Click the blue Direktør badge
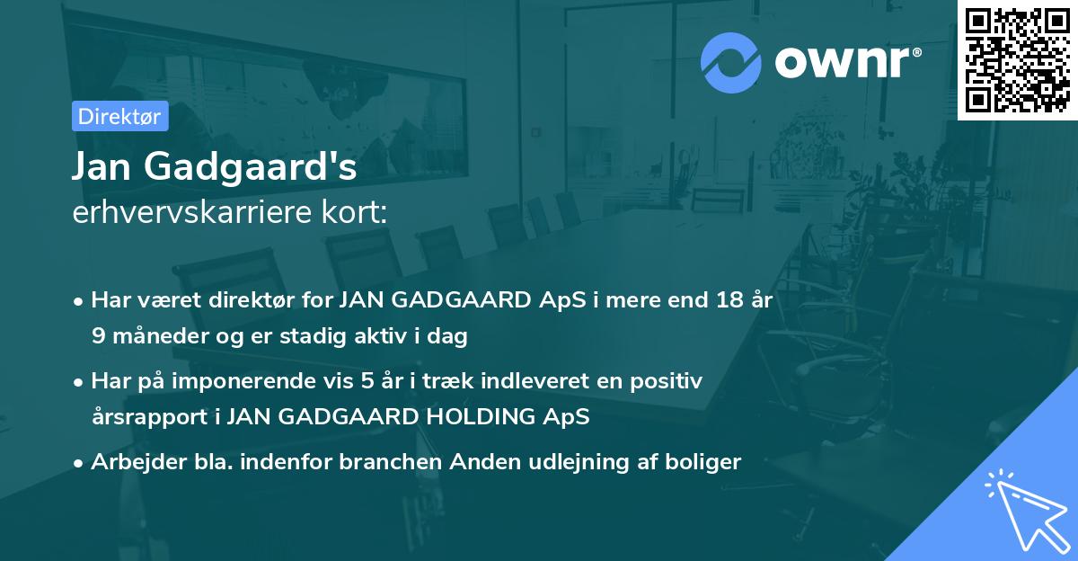point(119,116)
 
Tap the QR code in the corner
point(1017,59)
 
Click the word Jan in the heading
point(97,167)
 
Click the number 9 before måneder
point(97,337)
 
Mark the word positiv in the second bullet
point(668,381)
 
